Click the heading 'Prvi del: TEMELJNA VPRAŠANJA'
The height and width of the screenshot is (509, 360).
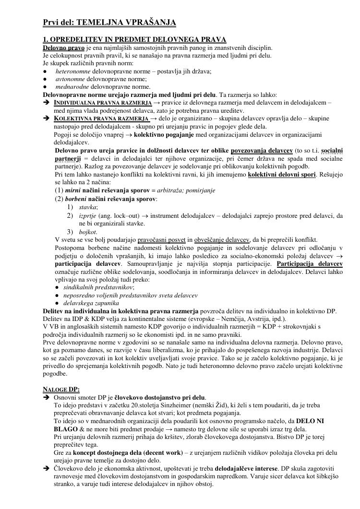(109, 22)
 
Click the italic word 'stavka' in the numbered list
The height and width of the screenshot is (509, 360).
(88, 207)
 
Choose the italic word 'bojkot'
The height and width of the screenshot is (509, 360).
(88, 232)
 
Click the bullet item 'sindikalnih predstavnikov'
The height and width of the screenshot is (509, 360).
(98, 287)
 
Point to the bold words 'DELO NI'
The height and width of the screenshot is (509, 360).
(310, 421)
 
